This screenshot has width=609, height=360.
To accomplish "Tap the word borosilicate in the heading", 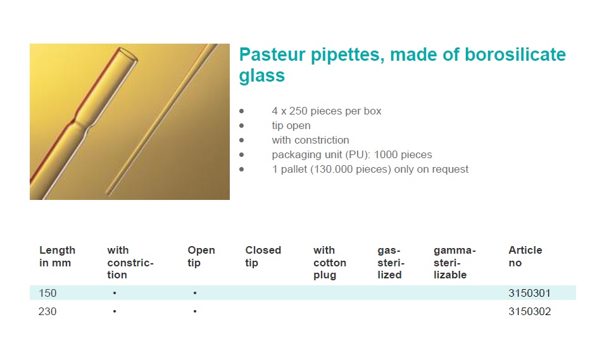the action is [515, 54].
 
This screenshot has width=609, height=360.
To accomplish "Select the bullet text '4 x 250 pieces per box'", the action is [326, 111].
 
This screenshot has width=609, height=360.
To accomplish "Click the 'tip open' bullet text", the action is [291, 126].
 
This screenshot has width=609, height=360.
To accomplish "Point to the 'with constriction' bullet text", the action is [310, 140].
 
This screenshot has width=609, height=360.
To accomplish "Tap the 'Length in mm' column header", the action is [57, 256].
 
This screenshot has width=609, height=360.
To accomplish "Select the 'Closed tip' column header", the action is [263, 256].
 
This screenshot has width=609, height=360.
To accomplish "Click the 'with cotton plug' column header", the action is [330, 263].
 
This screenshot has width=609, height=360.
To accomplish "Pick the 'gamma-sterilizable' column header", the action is [455, 263].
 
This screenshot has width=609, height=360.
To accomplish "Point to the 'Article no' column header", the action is [525, 256].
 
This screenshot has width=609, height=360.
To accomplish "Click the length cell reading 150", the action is [47, 293].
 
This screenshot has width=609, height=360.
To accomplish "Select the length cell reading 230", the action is [47, 311].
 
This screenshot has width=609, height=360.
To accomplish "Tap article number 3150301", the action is [529, 293].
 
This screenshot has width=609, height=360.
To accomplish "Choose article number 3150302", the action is [529, 311].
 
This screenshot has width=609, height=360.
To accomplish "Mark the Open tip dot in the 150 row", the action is [195, 293].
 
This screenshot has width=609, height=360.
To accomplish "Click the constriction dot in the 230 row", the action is [115, 311].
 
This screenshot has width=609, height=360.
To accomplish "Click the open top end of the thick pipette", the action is [127, 55].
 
